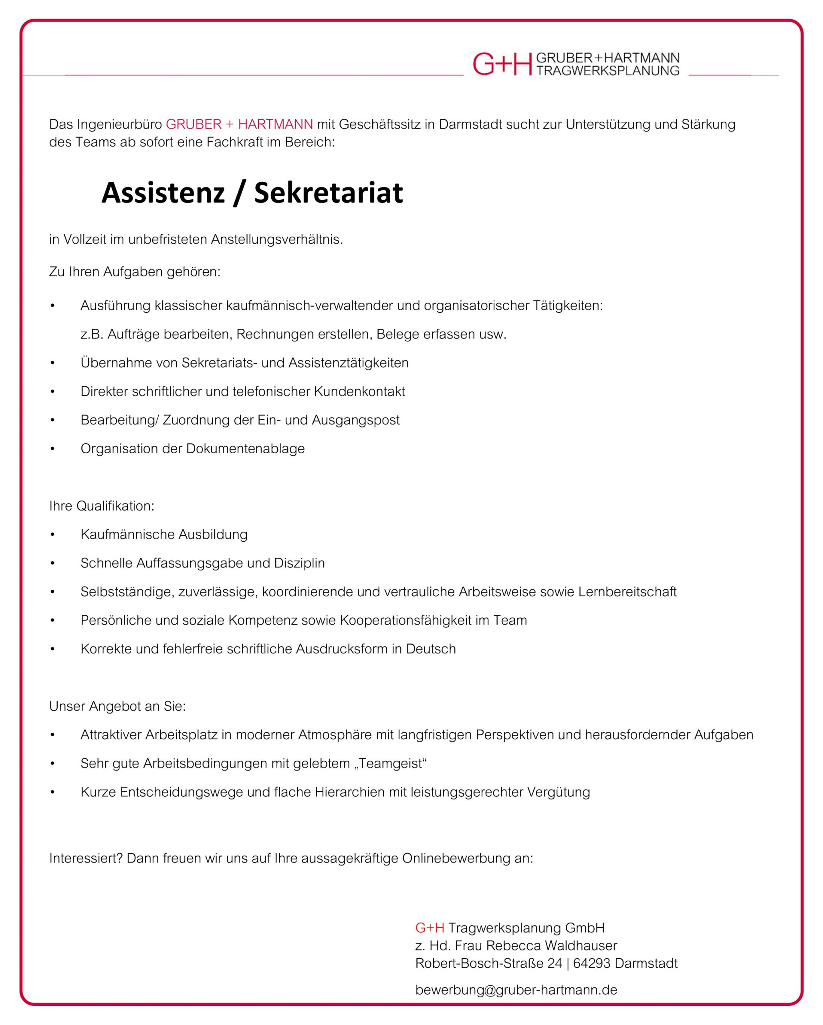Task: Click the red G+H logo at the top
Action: [x=502, y=64]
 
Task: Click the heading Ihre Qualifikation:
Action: [x=102, y=506]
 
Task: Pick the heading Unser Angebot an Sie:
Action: [x=117, y=706]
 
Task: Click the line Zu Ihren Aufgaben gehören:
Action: [x=135, y=272]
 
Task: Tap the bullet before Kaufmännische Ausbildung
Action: [x=53, y=535]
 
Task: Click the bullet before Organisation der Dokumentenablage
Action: [x=53, y=449]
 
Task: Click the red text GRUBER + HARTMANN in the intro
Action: [x=239, y=125]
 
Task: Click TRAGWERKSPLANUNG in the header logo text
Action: [x=607, y=71]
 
